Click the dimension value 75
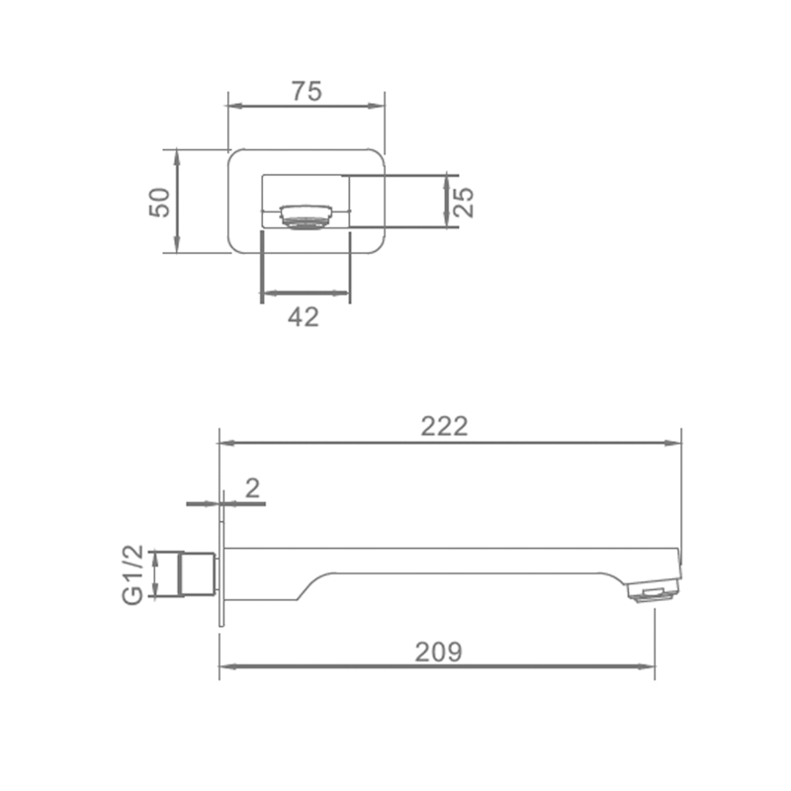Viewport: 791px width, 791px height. pos(307,91)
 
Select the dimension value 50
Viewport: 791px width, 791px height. pos(159,203)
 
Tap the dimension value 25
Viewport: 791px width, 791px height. pos(464,203)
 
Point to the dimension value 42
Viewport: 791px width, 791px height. pos(304,317)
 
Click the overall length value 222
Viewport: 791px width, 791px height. pos(444,426)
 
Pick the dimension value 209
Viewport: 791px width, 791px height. pos(438,652)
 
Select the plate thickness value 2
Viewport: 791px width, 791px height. pos(252,487)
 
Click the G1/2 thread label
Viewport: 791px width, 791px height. pos(133,575)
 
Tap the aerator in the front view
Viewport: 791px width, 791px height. pos(307,216)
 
